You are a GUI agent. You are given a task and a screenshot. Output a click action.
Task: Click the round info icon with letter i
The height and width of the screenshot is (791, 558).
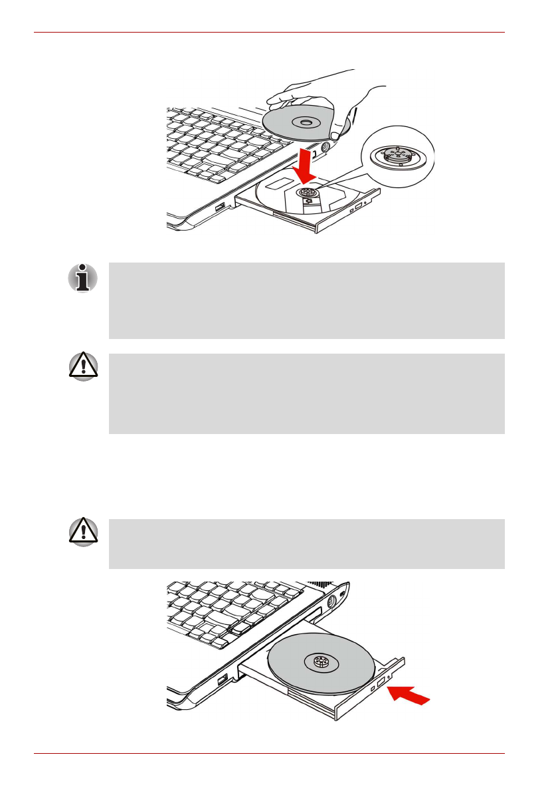(x=83, y=279)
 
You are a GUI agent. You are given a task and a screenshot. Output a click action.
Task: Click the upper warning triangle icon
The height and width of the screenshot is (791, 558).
(x=83, y=368)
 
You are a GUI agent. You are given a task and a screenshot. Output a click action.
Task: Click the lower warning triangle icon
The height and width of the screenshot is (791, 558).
(x=83, y=533)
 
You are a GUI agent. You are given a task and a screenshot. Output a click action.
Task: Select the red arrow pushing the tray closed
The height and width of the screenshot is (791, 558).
(x=411, y=696)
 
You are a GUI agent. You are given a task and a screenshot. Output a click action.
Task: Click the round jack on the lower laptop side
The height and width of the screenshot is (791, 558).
(x=331, y=605)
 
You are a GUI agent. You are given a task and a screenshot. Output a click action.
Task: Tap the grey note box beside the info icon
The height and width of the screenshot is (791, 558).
(x=306, y=300)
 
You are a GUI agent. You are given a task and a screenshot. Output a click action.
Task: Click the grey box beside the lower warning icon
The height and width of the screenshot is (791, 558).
(x=306, y=544)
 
